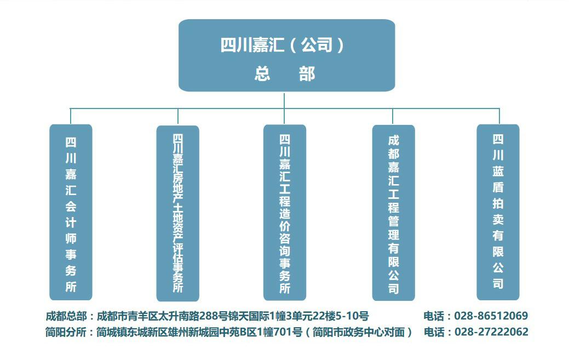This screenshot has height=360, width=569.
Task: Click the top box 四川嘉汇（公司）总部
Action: click(286, 55)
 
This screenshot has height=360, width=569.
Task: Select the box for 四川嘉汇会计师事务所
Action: click(71, 212)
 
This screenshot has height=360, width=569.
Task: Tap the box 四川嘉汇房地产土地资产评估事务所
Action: click(177, 213)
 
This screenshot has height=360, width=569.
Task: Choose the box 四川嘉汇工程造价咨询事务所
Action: click(284, 212)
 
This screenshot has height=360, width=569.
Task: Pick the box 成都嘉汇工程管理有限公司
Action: click(393, 212)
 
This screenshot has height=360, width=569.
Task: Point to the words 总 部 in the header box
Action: click(284, 74)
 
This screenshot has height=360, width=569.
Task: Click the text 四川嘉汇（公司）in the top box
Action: click(282, 45)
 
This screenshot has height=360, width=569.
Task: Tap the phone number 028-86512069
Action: click(491, 316)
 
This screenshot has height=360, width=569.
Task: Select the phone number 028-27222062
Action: click(491, 332)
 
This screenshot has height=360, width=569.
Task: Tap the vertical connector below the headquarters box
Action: click(284, 100)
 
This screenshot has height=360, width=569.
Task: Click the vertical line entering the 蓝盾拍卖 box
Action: click(499, 116)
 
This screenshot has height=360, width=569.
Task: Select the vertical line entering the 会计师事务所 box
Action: click(71, 116)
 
